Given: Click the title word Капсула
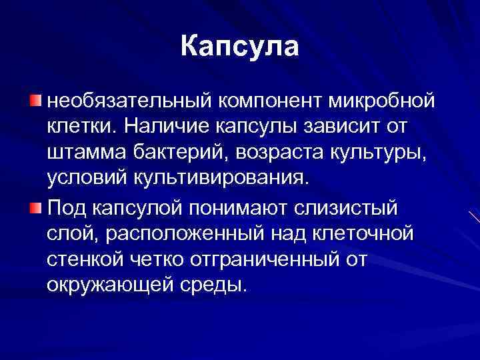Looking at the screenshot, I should pos(239,47).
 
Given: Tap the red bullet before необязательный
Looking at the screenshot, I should pos(35,101).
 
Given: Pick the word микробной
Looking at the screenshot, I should pos(382,102).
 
